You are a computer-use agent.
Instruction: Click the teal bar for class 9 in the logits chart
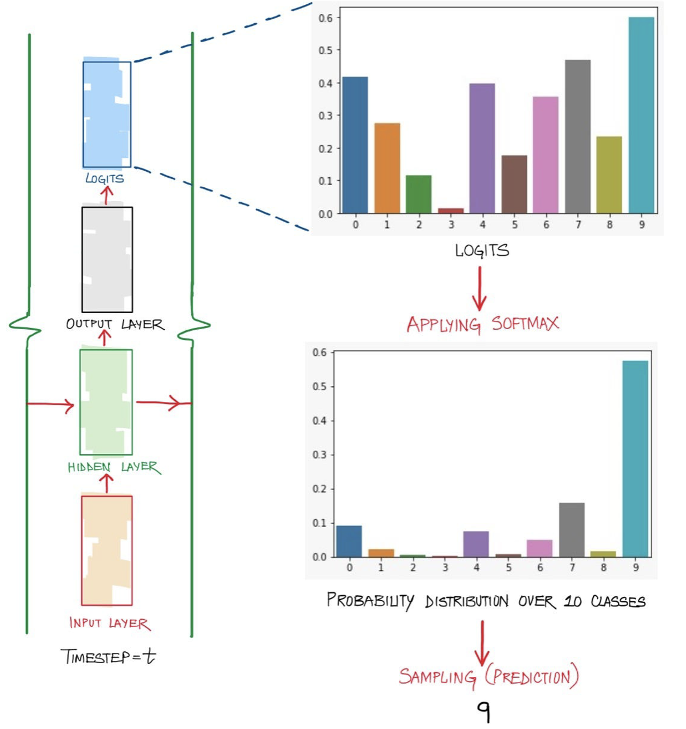pos(641,115)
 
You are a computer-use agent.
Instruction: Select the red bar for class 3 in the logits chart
pos(451,211)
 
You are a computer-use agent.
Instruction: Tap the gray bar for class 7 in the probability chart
pos(572,530)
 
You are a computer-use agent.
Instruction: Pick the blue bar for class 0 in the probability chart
pos(349,541)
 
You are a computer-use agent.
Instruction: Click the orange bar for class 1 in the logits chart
pos(387,168)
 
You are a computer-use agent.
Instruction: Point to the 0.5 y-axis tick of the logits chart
pos(326,50)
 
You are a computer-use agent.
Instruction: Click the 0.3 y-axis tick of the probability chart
pos(319,455)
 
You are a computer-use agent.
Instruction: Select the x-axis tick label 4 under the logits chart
pos(482,225)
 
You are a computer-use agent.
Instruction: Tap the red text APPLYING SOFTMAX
pos(482,324)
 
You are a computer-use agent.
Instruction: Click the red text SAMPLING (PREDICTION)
pos(488,677)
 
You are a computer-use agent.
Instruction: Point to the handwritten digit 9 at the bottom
pos(483,711)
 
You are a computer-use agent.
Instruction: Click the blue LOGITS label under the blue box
pos(105,178)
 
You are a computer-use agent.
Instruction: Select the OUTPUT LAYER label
pos(115,324)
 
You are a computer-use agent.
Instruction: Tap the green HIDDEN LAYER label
pos(114,467)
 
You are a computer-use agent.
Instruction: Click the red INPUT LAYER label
pos(110,623)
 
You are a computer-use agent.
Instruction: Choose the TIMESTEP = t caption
pos(108,656)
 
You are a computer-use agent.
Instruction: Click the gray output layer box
pos(107,260)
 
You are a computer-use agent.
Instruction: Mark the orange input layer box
pos(107,550)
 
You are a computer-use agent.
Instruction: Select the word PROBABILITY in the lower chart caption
pos(370,601)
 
